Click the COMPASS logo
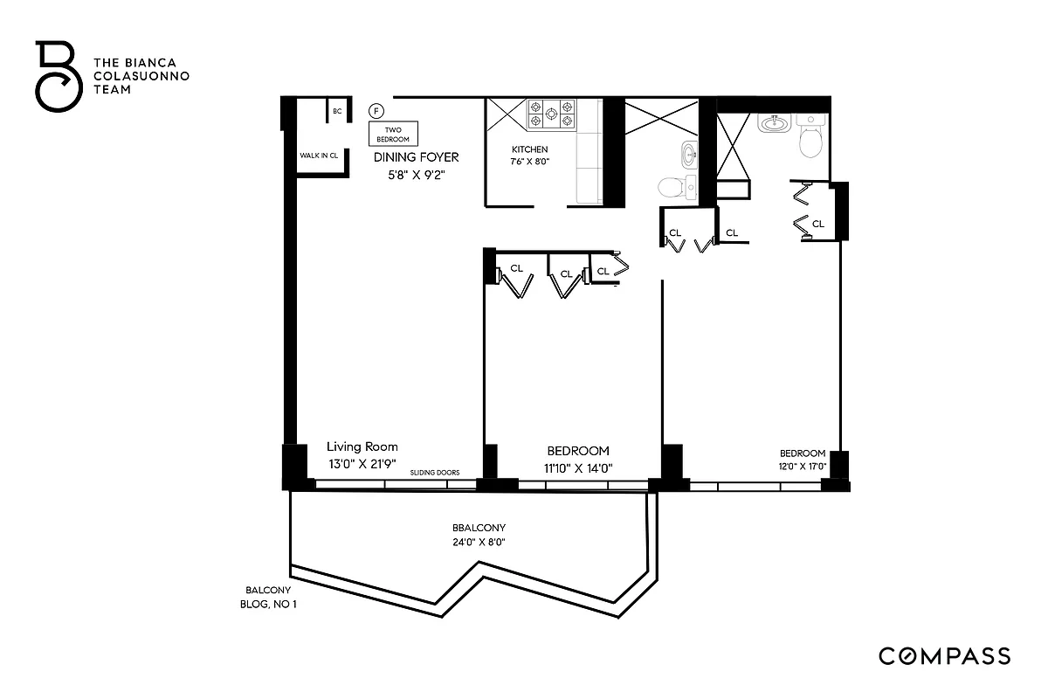click(x=944, y=656)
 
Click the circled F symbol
click(x=376, y=111)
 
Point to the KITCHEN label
click(x=530, y=149)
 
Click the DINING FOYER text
click(x=416, y=157)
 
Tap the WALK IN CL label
click(x=319, y=155)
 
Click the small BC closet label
click(x=337, y=112)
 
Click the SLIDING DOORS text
click(x=436, y=473)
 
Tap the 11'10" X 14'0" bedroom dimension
click(x=577, y=467)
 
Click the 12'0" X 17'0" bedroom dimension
click(x=802, y=467)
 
